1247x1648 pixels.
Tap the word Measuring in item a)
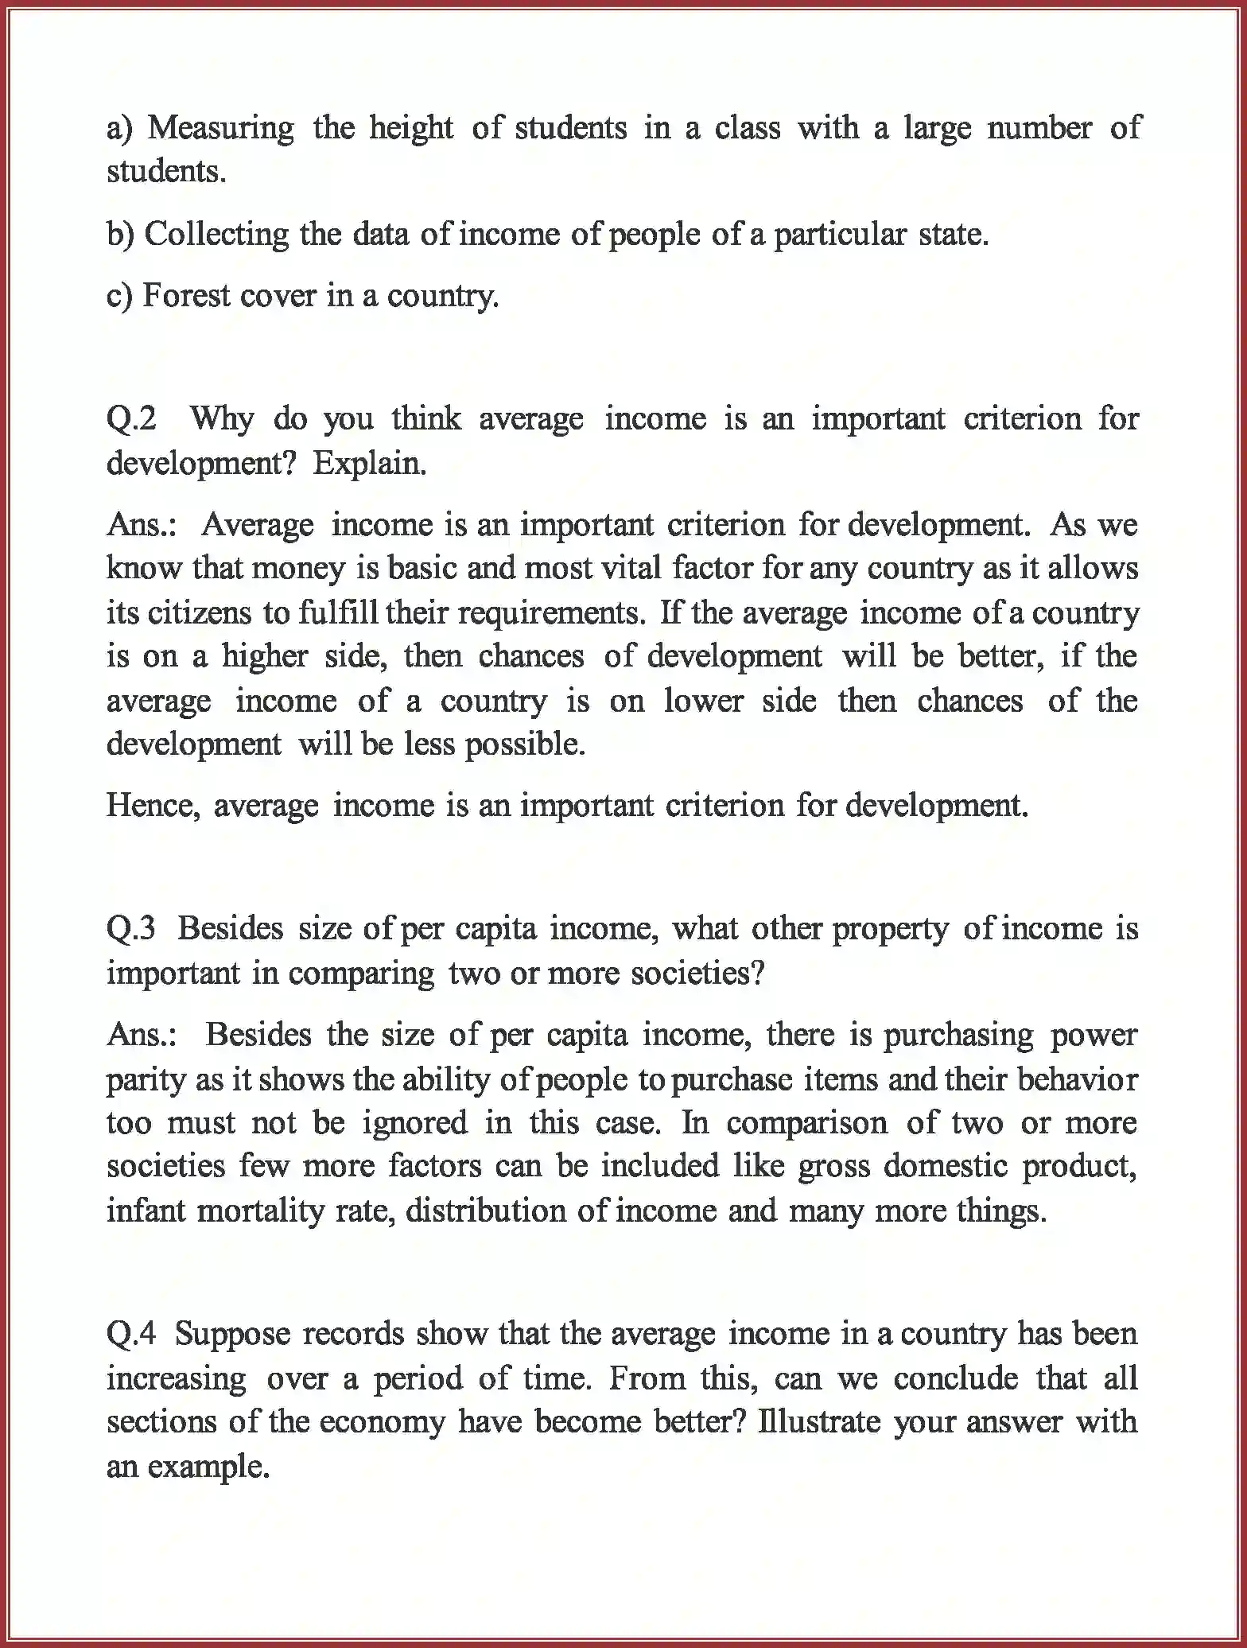pyautogui.click(x=220, y=129)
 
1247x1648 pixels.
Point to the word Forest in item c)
pyautogui.click(x=186, y=296)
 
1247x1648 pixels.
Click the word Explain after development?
pyautogui.click(x=369, y=464)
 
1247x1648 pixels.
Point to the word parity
pyautogui.click(x=145, y=1080)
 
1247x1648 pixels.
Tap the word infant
pyautogui.click(x=145, y=1211)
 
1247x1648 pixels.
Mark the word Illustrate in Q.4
pyautogui.click(x=819, y=1421)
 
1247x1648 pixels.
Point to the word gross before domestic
pyautogui.click(x=831, y=1167)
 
